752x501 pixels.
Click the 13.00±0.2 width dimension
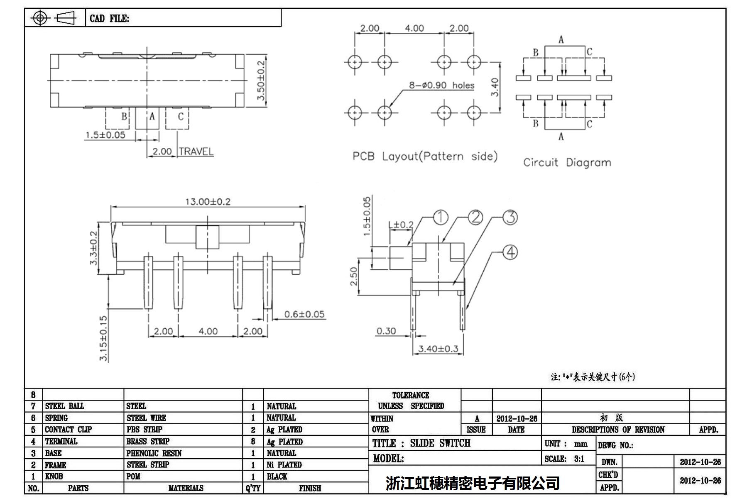coord(208,202)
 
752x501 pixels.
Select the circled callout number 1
coord(441,218)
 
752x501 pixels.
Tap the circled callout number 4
coord(510,252)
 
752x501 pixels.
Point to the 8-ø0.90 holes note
coord(441,85)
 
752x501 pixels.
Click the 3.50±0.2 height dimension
coord(261,80)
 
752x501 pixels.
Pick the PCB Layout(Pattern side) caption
coord(425,156)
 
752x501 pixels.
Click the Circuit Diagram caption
coord(567,162)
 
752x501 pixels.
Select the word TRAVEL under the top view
coord(196,152)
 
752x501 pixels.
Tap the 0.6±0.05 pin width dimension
coord(304,314)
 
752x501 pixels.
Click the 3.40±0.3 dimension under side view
coord(438,349)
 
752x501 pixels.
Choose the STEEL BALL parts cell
coord(64,406)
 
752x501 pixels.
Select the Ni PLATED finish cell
coord(284,465)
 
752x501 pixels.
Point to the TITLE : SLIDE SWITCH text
coord(421,443)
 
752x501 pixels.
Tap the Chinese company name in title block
coord(473,483)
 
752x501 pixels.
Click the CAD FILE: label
coord(109,19)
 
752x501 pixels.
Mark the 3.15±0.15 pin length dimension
coord(103,338)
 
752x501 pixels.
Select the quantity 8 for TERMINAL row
coord(253,442)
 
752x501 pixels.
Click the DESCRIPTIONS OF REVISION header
coord(618,430)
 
